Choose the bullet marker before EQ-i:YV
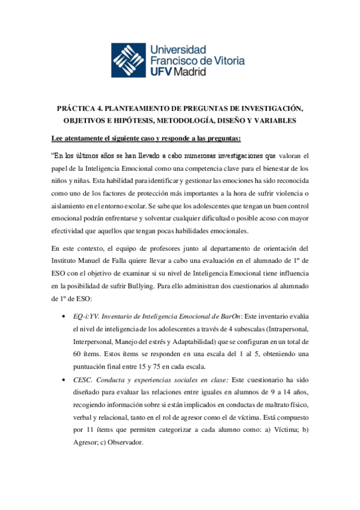[64, 316]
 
